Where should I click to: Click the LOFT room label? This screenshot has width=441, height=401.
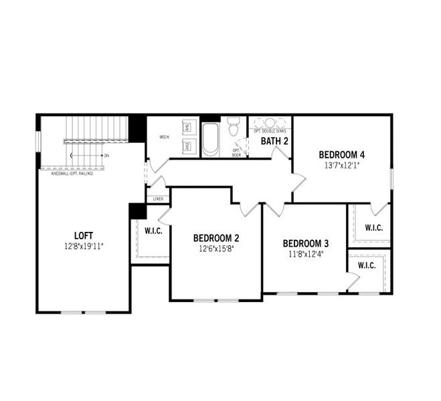[84, 235]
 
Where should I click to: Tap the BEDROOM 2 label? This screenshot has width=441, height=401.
[216, 238]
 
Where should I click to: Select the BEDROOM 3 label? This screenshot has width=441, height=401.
[305, 243]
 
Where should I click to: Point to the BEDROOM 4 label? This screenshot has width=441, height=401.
[342, 155]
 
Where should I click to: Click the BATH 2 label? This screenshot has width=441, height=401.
[274, 141]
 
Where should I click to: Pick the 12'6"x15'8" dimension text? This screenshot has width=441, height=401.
[216, 249]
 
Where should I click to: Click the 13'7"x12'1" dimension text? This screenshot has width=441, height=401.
[342, 166]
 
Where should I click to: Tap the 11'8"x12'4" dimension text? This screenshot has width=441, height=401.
[305, 254]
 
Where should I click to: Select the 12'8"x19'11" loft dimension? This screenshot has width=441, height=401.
[84, 246]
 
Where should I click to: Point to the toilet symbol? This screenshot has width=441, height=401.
[234, 126]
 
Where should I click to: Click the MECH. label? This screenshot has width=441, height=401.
[164, 137]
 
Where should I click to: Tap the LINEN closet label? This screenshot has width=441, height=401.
[158, 198]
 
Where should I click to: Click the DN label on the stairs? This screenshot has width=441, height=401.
[106, 156]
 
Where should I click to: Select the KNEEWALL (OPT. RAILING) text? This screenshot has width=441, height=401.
[72, 174]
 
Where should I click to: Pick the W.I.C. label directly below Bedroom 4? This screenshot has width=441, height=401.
[373, 228]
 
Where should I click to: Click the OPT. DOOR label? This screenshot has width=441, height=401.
[236, 152]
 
